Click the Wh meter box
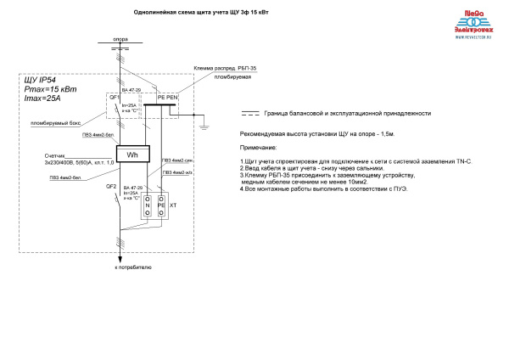131,155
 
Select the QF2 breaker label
110,186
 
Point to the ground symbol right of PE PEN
204,127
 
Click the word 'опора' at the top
120,39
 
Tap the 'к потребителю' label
133,267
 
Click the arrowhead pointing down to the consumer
120,255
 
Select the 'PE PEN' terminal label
167,97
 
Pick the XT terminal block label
173,205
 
